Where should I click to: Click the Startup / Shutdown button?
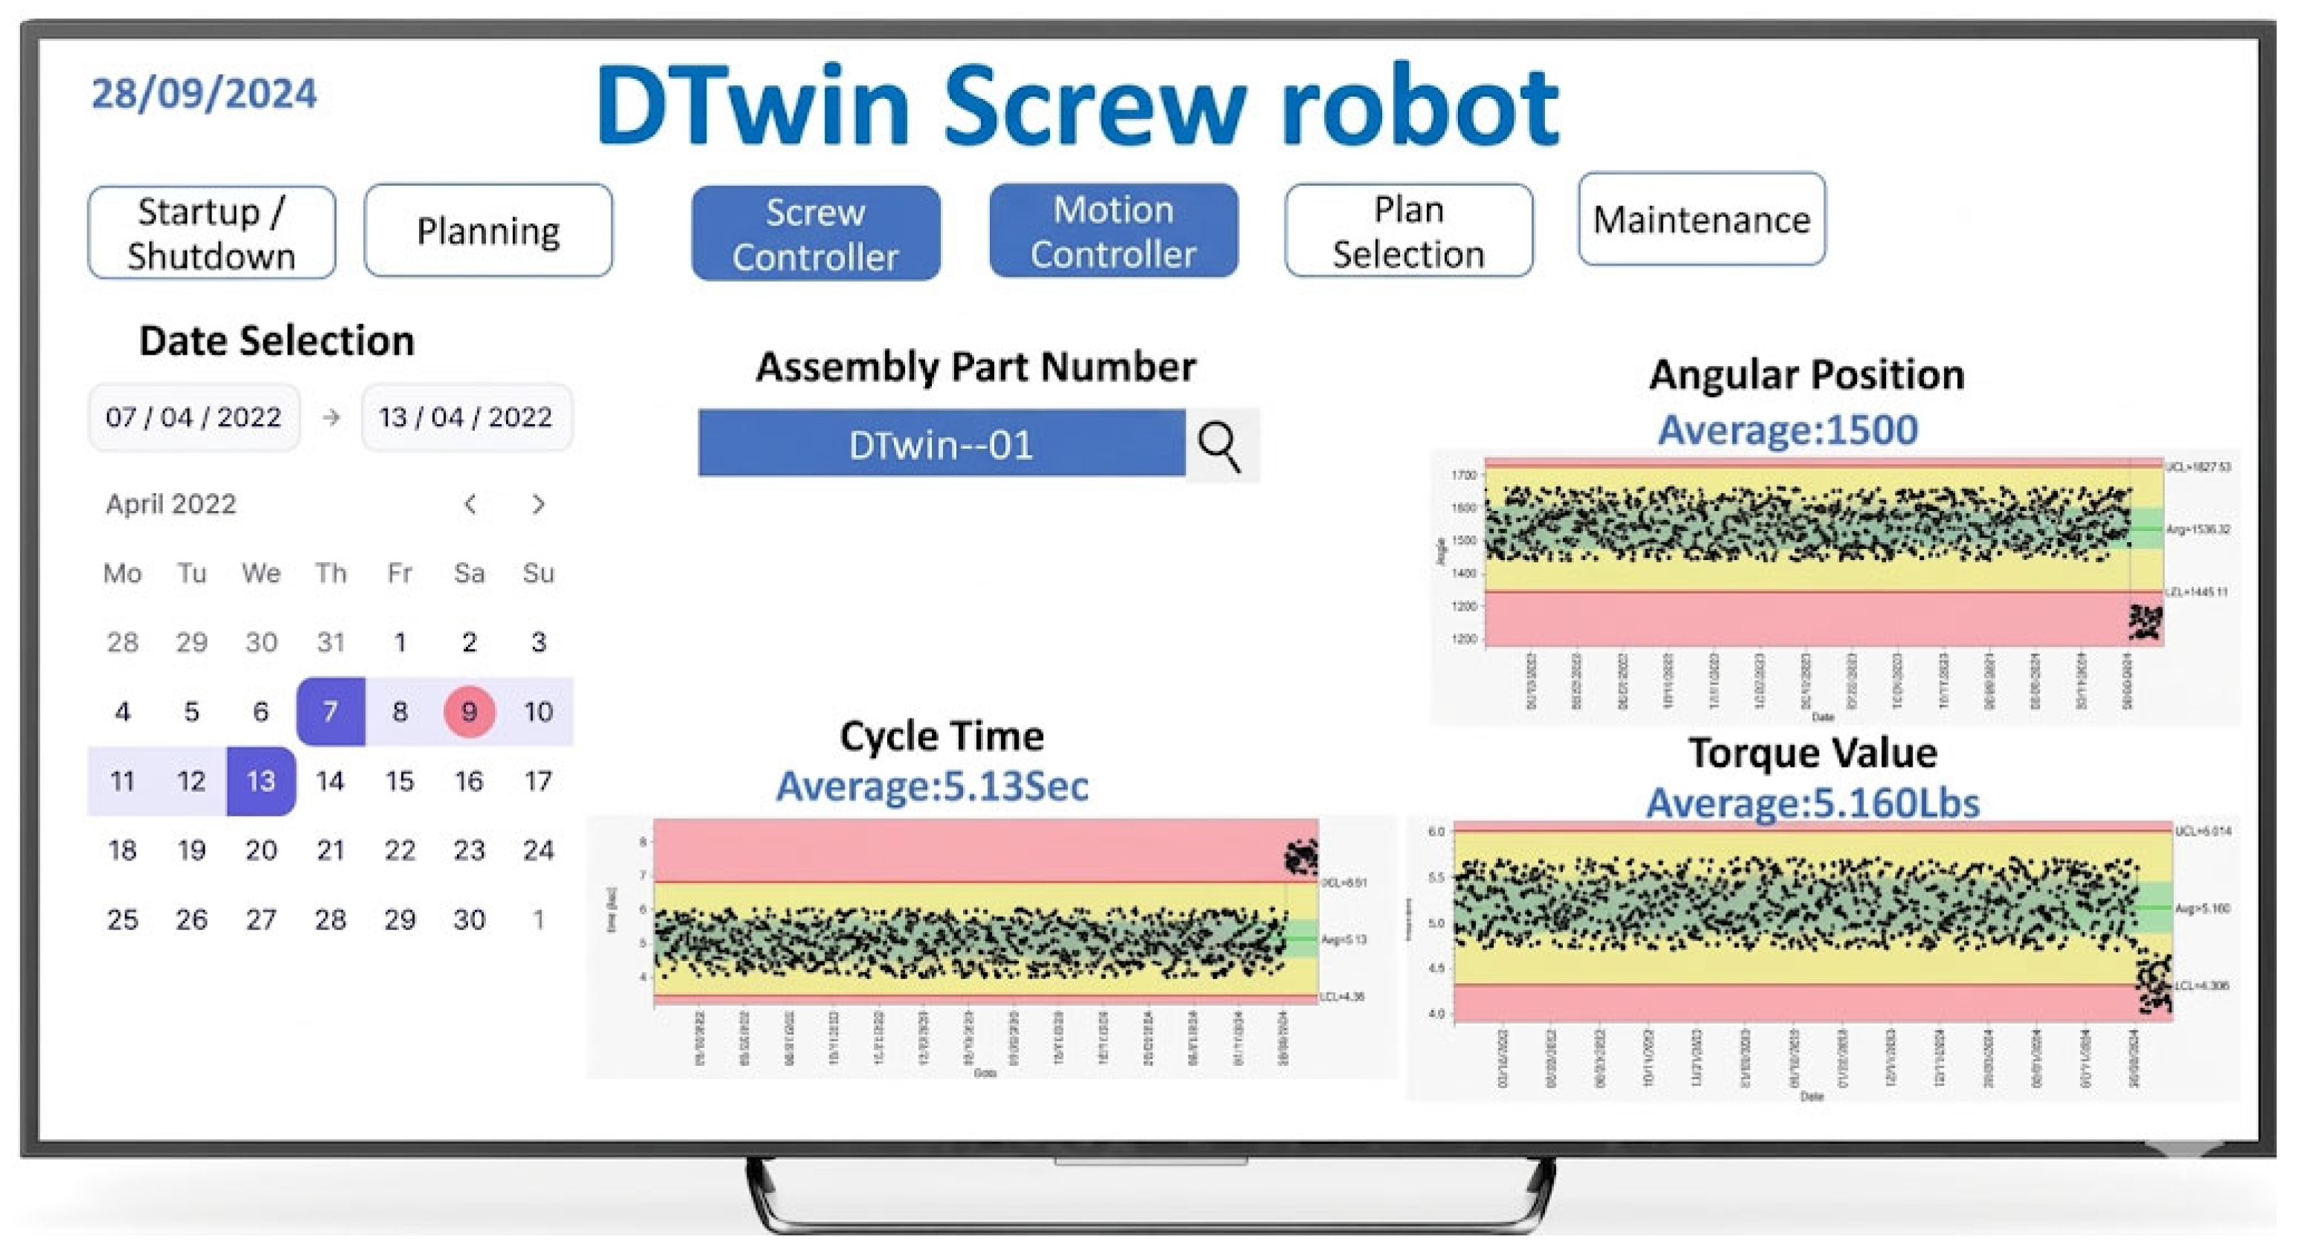coord(211,233)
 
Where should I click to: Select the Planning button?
coord(488,231)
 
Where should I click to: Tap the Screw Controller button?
coord(816,234)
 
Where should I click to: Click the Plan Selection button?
coord(1408,231)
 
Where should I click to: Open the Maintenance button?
coord(1701,219)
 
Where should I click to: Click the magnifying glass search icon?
coord(1220,446)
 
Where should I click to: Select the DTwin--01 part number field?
coord(941,444)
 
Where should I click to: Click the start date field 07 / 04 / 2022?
coord(194,417)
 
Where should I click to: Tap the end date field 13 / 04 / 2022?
coord(466,417)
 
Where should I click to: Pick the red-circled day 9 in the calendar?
coord(469,712)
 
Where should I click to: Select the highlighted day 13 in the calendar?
coord(260,782)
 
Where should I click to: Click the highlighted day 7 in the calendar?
coord(330,712)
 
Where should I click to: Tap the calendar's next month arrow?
coord(538,505)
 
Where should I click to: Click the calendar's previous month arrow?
coord(470,505)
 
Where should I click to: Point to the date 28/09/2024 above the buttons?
coord(205,94)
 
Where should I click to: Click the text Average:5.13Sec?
coord(932,786)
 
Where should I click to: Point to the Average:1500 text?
coord(1788,430)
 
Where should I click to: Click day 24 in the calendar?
coord(538,851)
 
